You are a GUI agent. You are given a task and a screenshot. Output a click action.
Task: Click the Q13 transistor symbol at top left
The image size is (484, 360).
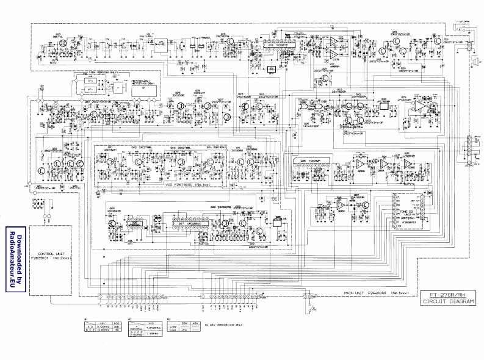(60, 46)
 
